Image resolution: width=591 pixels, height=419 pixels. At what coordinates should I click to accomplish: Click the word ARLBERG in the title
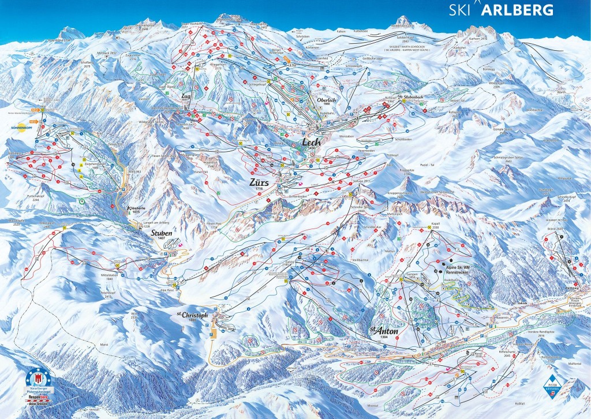tap(518, 9)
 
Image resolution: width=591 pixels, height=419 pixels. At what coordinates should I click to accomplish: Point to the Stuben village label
tap(162, 234)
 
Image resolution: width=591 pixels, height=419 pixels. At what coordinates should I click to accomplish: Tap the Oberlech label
tap(327, 99)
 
